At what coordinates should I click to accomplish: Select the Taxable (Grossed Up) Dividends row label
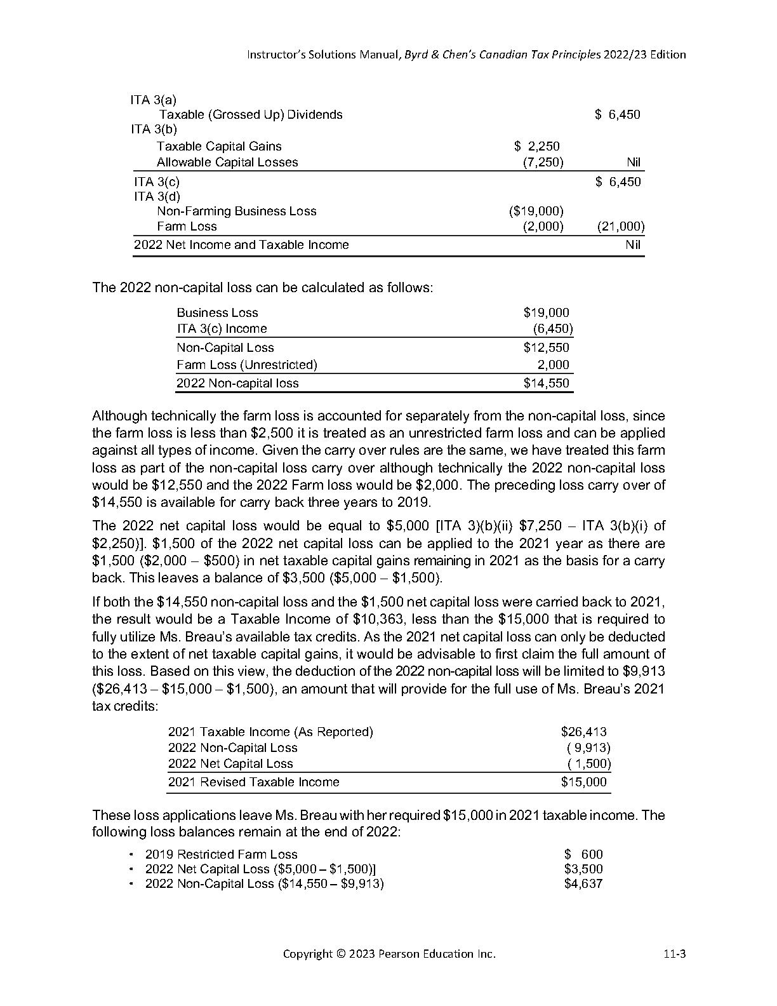pyautogui.click(x=251, y=115)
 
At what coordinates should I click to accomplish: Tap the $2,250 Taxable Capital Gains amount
pyautogui.click(x=537, y=146)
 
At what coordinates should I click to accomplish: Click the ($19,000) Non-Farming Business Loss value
pyautogui.click(x=536, y=211)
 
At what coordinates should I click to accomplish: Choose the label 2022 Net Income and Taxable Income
pyautogui.click(x=241, y=245)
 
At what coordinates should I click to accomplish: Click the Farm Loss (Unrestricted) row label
pyautogui.click(x=247, y=365)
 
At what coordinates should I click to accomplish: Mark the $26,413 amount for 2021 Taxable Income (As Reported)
pyautogui.click(x=583, y=732)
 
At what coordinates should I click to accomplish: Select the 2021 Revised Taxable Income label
pyautogui.click(x=253, y=782)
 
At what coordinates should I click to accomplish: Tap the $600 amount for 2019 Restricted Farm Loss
pyautogui.click(x=584, y=854)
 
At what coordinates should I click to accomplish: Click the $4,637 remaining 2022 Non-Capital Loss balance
pyautogui.click(x=583, y=883)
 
